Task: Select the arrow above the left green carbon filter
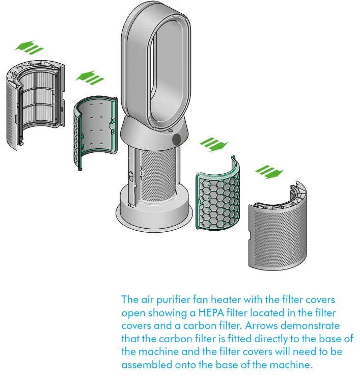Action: pos(90,78)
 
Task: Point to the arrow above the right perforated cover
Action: pos(268,172)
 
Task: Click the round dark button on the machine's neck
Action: pos(177,139)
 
